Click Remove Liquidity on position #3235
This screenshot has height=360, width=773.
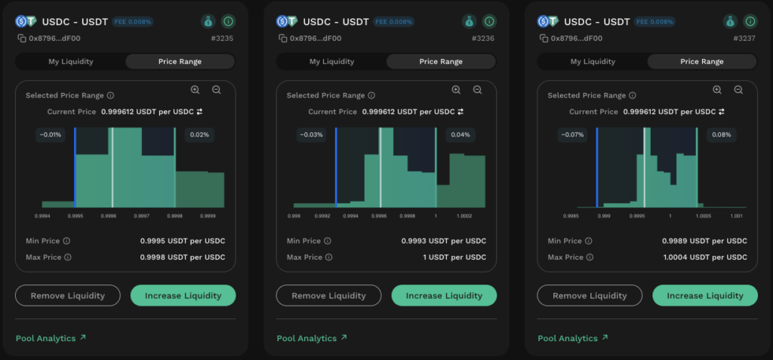click(67, 295)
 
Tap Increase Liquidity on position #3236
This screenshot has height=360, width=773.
click(444, 295)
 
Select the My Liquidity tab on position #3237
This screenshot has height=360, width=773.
click(593, 62)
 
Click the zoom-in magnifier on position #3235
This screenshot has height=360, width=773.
click(196, 90)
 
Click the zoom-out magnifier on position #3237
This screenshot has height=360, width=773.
click(738, 90)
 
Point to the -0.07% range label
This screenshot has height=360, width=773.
click(572, 134)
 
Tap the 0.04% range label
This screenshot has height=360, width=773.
click(460, 134)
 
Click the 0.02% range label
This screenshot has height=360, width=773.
click(199, 134)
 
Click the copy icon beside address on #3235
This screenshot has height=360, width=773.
click(22, 38)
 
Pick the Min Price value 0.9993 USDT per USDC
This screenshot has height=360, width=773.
click(444, 242)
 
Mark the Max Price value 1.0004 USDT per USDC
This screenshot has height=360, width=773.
click(704, 257)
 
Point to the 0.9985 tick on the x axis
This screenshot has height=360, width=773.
click(571, 216)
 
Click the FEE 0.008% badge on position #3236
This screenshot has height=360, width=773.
click(393, 22)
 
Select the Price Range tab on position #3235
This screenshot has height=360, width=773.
click(180, 62)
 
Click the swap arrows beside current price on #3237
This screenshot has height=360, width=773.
click(722, 112)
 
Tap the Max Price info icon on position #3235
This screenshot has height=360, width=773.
click(68, 257)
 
